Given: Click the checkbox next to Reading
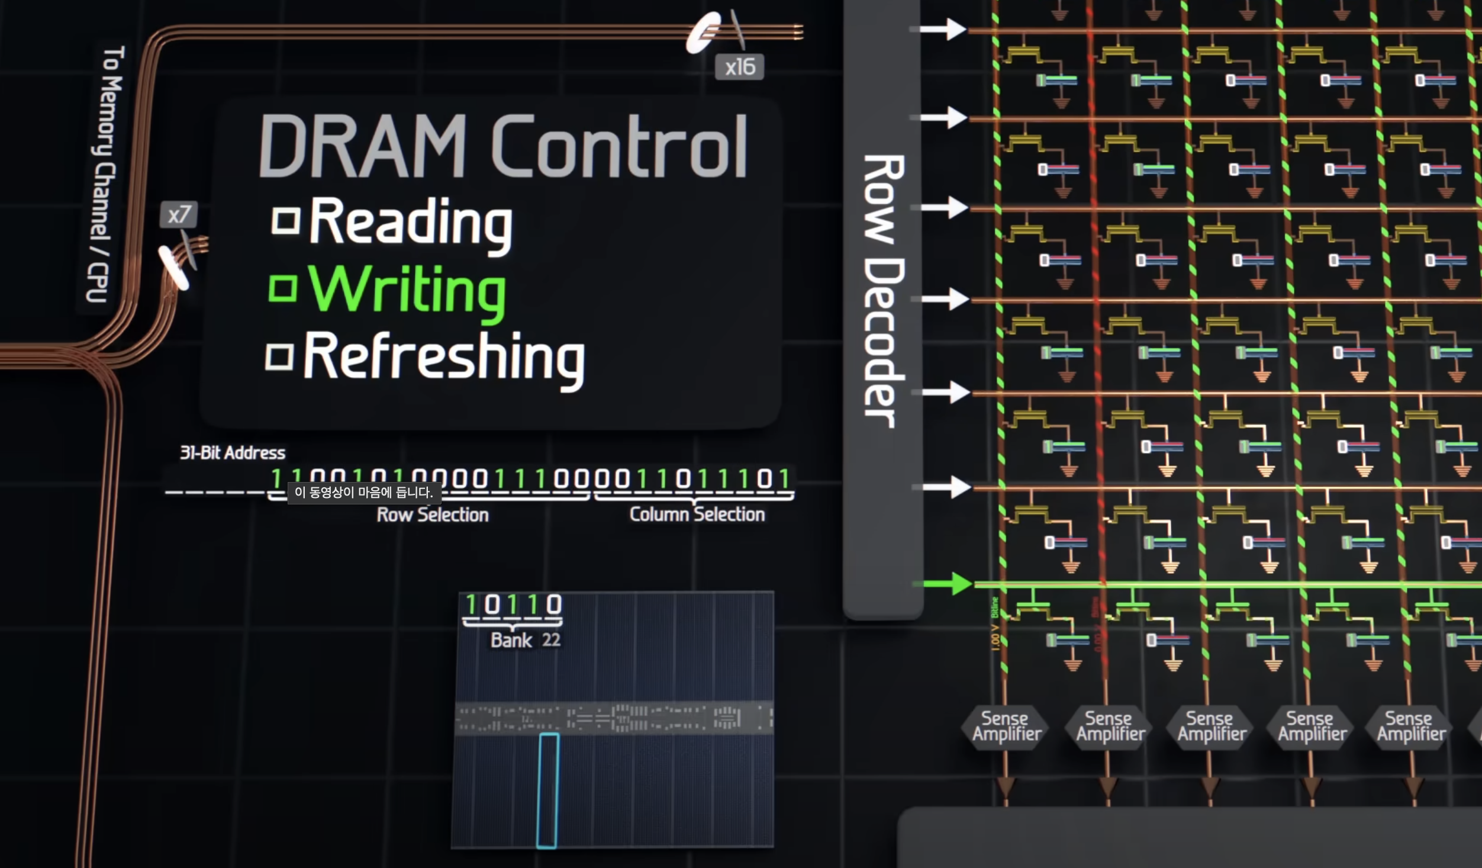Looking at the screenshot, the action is click(x=285, y=221).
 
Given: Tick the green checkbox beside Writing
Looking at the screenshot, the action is click(x=282, y=288).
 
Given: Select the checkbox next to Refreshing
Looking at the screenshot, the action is click(x=279, y=356).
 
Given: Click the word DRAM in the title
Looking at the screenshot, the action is click(x=362, y=147).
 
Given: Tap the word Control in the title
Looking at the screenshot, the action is click(x=619, y=147).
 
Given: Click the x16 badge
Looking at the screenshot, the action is click(x=739, y=67).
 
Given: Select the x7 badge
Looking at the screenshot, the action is click(x=178, y=214).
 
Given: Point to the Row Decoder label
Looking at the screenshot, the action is click(x=882, y=290).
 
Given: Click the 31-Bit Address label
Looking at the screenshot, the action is click(x=233, y=453).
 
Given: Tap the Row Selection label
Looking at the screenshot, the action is click(x=433, y=515).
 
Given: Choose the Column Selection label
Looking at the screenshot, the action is click(x=697, y=514).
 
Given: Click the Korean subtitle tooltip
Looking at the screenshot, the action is click(x=364, y=492).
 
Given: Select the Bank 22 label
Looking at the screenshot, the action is click(x=525, y=640).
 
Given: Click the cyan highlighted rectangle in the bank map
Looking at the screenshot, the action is click(x=547, y=790).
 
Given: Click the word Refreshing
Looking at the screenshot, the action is click(x=444, y=357).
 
